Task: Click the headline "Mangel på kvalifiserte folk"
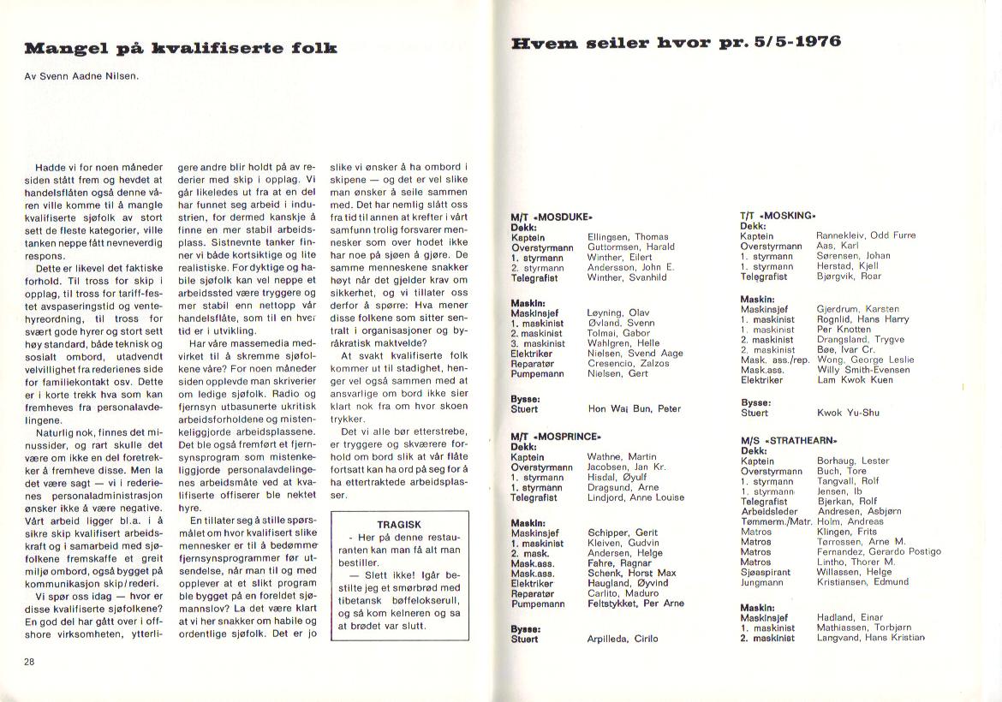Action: pyautogui.click(x=181, y=48)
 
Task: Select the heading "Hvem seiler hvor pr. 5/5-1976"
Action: pyautogui.click(x=676, y=42)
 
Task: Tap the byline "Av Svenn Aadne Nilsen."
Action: pyautogui.click(x=82, y=75)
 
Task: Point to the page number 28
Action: pyautogui.click(x=29, y=662)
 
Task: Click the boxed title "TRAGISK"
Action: pyautogui.click(x=398, y=524)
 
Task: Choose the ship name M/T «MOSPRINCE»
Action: pyautogui.click(x=557, y=437)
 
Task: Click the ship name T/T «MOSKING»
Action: pyautogui.click(x=778, y=216)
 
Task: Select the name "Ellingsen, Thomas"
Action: pyautogui.click(x=628, y=237)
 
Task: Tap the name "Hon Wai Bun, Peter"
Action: pyautogui.click(x=634, y=409)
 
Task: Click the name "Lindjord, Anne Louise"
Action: pyautogui.click(x=635, y=497)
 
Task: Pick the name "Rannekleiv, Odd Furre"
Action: pyautogui.click(x=865, y=235)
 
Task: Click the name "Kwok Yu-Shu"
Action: pyautogui.click(x=847, y=413)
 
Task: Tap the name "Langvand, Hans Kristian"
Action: pyautogui.click(x=872, y=638)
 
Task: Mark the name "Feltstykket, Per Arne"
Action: pyautogui.click(x=635, y=604)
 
